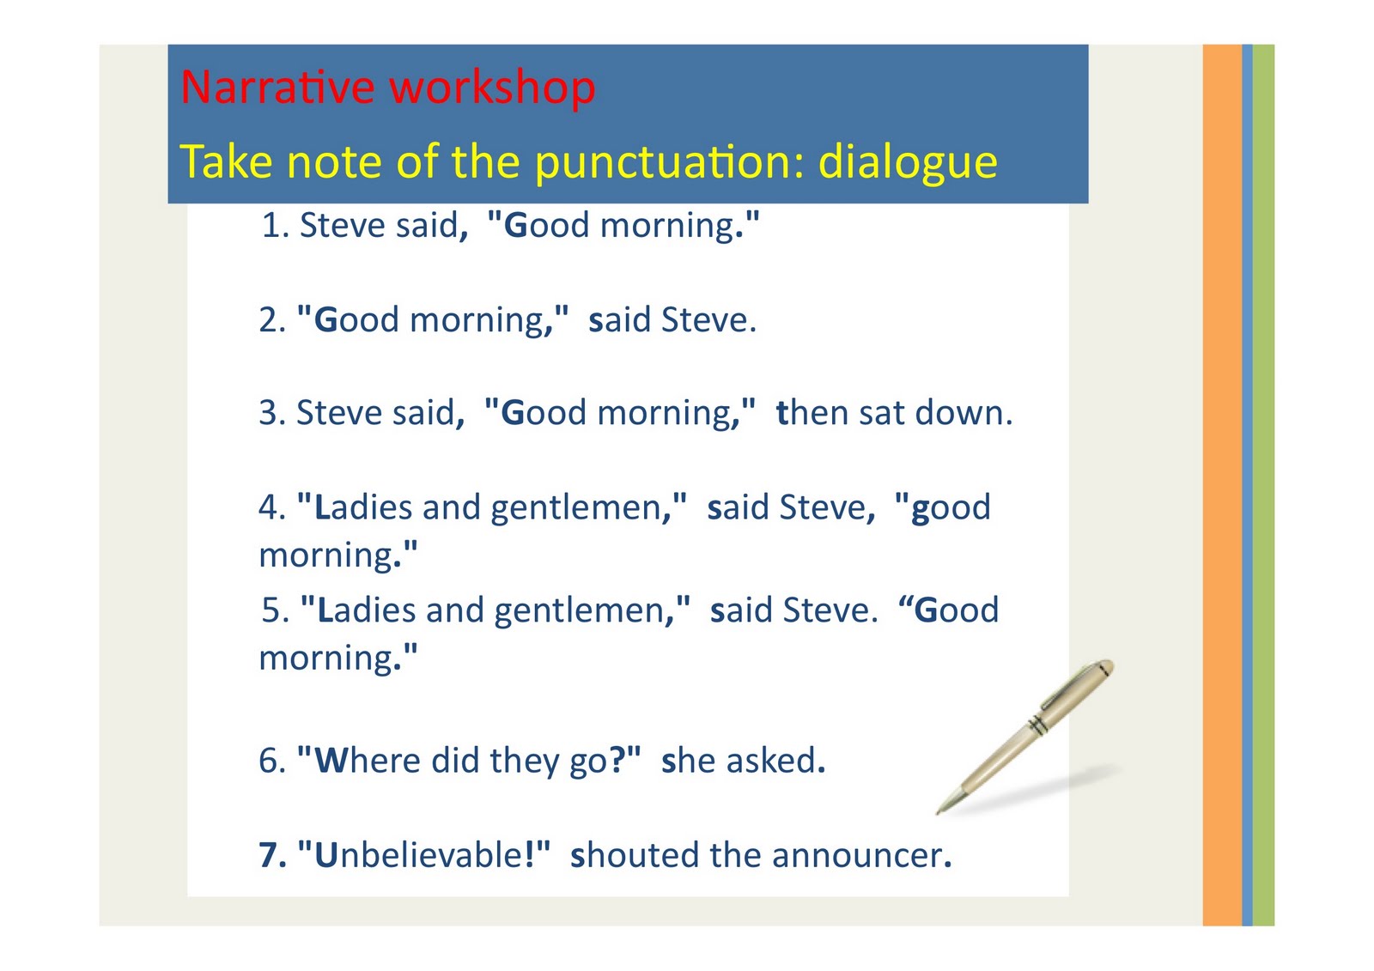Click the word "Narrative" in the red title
(x=277, y=88)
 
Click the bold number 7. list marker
(x=272, y=855)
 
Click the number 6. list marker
(x=272, y=761)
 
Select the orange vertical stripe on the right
(x=1221, y=485)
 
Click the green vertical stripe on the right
(x=1263, y=485)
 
